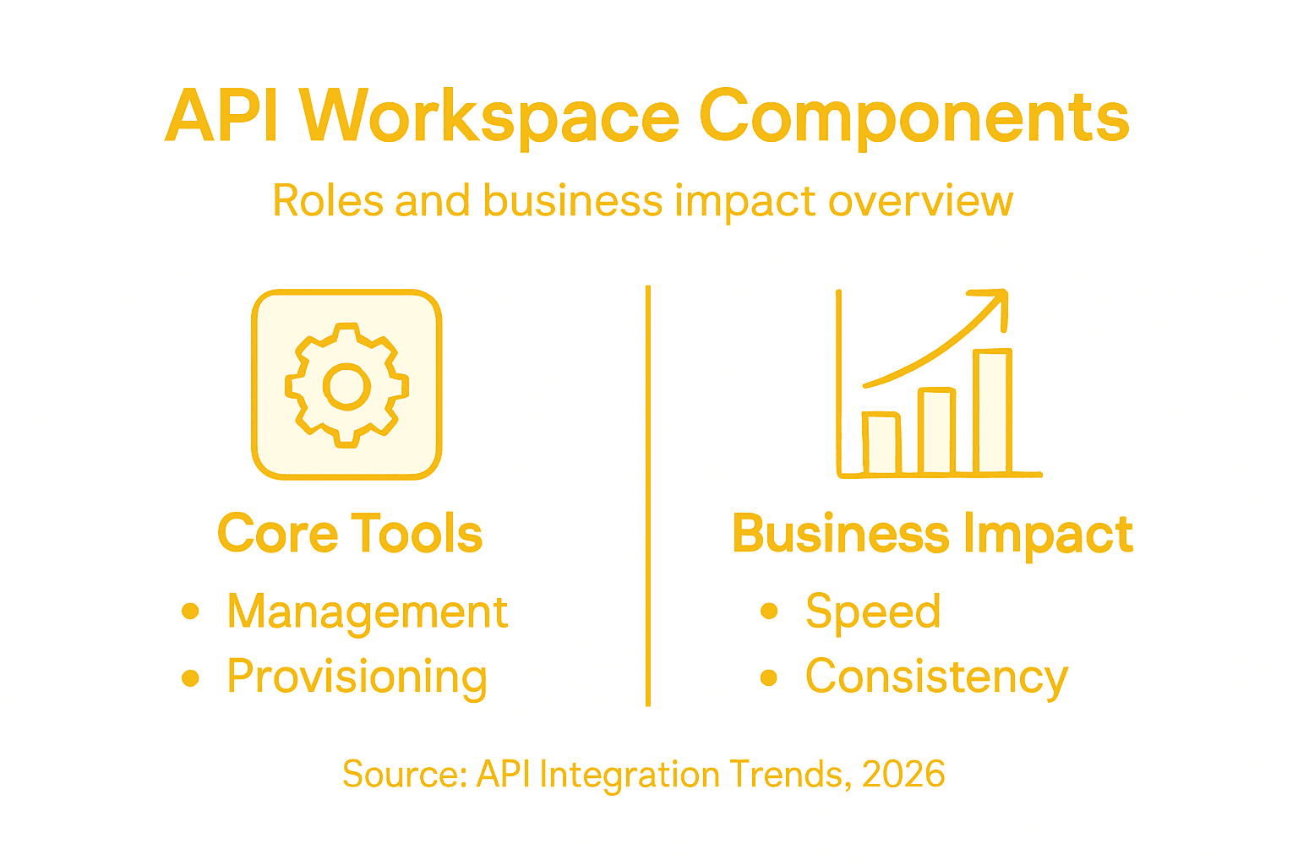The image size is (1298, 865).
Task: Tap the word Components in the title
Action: click(x=914, y=117)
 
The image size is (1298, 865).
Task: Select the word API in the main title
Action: click(x=222, y=117)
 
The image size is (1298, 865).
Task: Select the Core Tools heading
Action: click(x=350, y=534)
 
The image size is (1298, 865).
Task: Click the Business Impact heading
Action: click(x=933, y=534)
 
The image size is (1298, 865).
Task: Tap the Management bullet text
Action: click(x=367, y=612)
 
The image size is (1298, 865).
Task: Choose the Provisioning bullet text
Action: click(x=357, y=677)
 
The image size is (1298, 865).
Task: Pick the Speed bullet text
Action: click(x=873, y=612)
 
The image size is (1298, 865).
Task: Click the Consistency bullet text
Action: click(x=936, y=677)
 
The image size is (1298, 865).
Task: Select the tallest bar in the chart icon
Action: click(x=992, y=411)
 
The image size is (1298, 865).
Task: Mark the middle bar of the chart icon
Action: click(x=936, y=431)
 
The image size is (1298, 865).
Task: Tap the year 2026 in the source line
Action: click(x=903, y=774)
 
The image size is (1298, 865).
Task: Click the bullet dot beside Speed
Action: click(x=768, y=611)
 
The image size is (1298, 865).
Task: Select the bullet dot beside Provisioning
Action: click(x=190, y=677)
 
